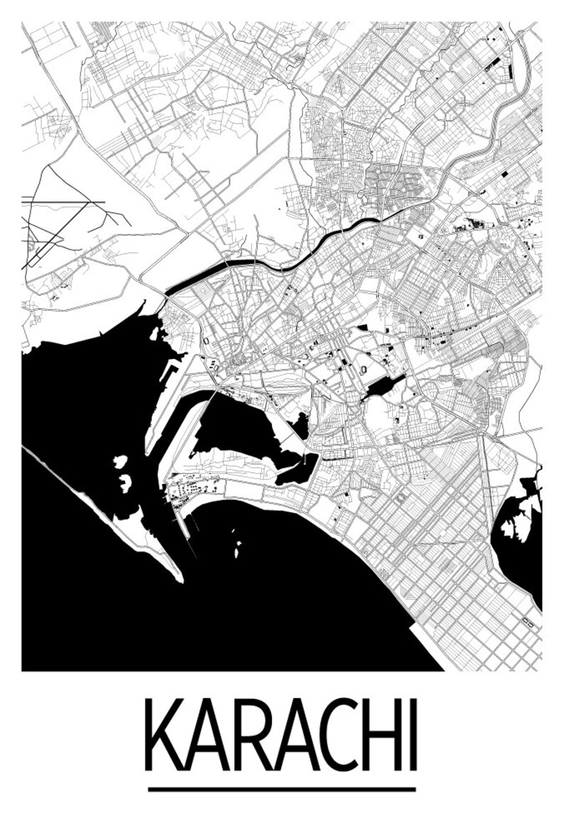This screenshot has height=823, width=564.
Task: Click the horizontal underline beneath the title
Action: pos(282,789)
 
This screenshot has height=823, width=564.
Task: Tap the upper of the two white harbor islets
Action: pos(120,462)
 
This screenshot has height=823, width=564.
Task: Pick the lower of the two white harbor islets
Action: pos(126,484)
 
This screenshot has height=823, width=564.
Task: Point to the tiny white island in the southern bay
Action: pos(237,549)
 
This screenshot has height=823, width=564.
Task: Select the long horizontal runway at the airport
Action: pos(64,202)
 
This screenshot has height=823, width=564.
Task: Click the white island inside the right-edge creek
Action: pos(516,526)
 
